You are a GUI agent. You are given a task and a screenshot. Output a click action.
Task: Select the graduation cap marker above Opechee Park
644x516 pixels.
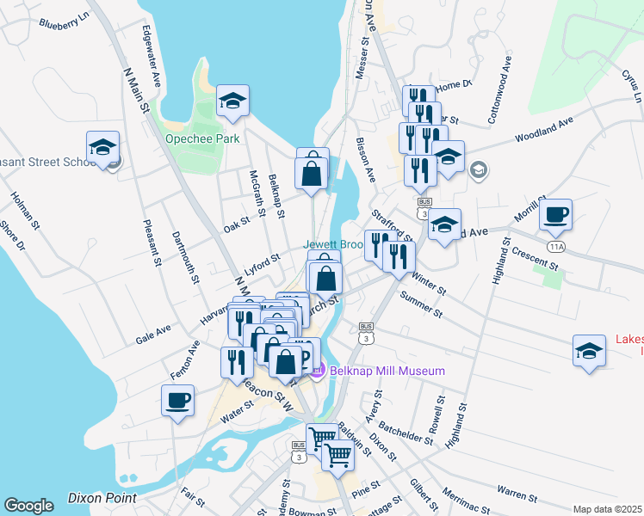pyautogui.click(x=232, y=102)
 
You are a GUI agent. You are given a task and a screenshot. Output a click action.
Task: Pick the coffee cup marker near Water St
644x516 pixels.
pyautogui.click(x=178, y=401)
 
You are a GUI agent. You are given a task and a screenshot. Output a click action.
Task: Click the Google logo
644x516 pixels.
pyautogui.click(x=28, y=506)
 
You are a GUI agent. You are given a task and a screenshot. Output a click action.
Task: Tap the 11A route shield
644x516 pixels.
pyautogui.click(x=558, y=247)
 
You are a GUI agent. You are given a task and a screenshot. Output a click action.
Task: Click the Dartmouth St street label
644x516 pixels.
pyautogui.click(x=185, y=256)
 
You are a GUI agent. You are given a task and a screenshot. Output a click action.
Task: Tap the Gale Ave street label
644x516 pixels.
pyautogui.click(x=153, y=334)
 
